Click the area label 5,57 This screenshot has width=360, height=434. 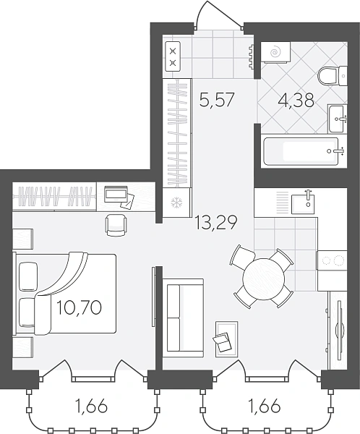click(x=217, y=100)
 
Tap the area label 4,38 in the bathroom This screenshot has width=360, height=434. click(x=296, y=101)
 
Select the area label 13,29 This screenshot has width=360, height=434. click(x=216, y=223)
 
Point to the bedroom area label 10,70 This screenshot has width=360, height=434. click(x=79, y=307)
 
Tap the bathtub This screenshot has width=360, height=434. click(x=304, y=151)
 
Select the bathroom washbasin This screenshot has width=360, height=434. click(x=338, y=119)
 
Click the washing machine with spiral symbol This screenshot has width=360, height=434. click(x=275, y=52)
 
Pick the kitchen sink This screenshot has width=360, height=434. click(x=303, y=204)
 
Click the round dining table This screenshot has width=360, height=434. click(x=263, y=279)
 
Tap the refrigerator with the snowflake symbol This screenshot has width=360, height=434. click(x=176, y=203)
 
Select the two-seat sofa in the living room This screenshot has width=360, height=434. click(x=183, y=318)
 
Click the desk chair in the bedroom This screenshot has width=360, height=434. click(x=116, y=226)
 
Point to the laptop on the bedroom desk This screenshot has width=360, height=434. click(x=116, y=193)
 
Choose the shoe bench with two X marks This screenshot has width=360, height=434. click(x=173, y=57)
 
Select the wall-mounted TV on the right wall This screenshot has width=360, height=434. click(x=340, y=329)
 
